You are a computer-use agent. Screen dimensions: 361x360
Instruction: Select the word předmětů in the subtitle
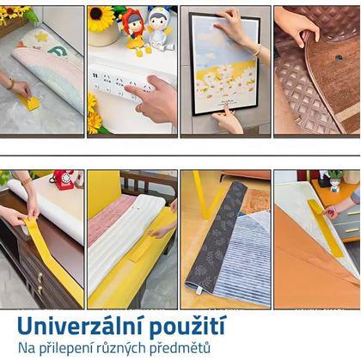point(180,348)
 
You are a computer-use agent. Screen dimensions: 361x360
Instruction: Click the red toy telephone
point(63,180)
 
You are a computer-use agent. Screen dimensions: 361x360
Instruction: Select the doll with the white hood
point(159,27)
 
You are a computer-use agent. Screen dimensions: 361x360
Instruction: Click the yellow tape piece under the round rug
point(29,102)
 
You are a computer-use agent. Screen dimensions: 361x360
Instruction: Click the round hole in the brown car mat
point(340,58)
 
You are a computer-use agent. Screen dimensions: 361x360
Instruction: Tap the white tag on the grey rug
point(198,290)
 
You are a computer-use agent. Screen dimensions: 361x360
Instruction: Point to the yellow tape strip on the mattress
point(325,228)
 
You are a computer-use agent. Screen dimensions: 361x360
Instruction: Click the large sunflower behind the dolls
point(101,18)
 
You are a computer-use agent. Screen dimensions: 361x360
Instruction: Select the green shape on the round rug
point(58,51)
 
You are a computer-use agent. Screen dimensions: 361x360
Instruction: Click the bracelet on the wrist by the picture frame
point(258,51)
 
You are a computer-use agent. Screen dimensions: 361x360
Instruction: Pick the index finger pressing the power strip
point(135,92)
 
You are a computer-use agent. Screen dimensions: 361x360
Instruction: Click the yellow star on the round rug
point(42,37)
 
